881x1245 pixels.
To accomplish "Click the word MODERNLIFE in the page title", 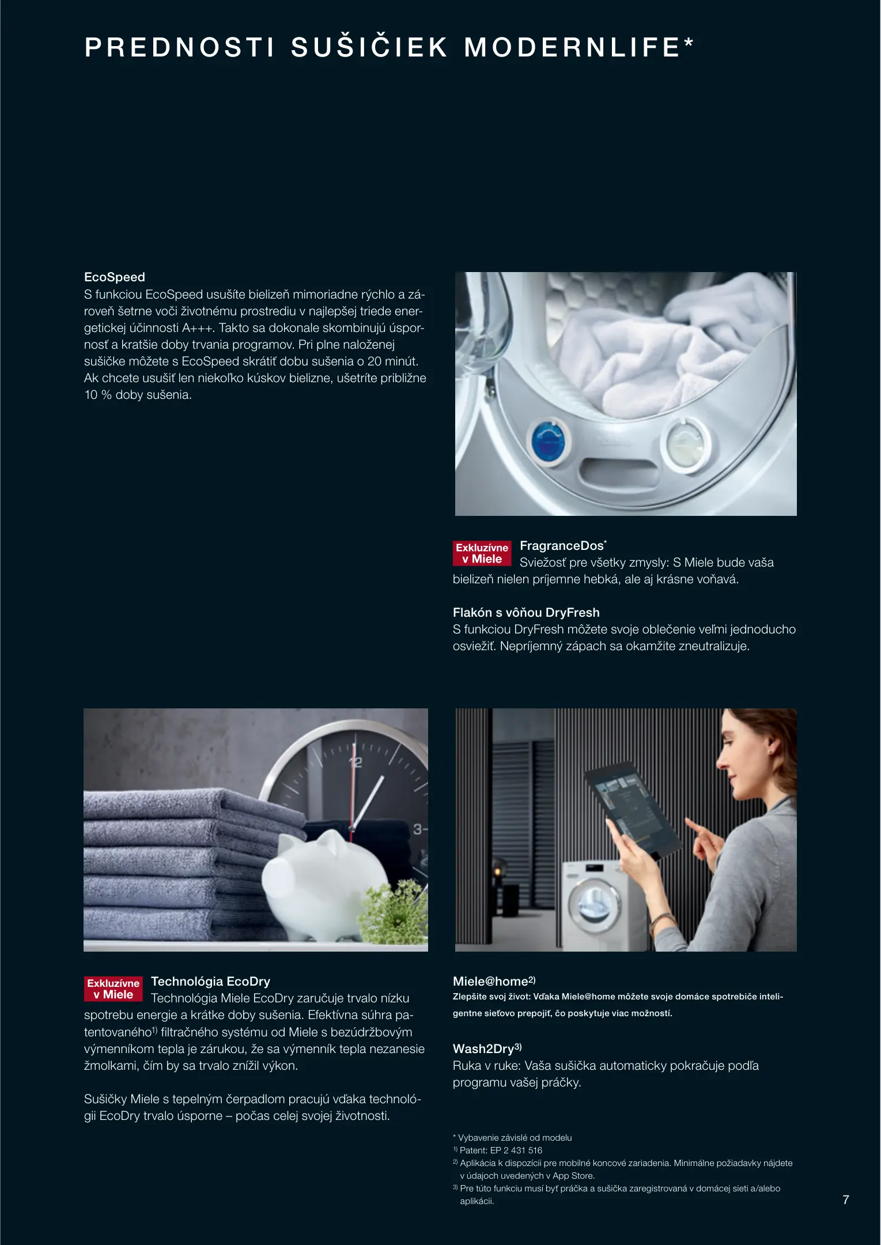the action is click(x=573, y=47).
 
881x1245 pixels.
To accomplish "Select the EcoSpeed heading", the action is click(x=115, y=277).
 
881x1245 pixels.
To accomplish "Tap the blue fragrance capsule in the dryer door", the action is click(x=549, y=441).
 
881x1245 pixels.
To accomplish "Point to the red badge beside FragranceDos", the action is click(x=482, y=553).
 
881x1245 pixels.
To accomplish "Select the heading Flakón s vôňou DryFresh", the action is click(x=526, y=612).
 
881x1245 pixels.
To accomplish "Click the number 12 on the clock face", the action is click(x=356, y=762).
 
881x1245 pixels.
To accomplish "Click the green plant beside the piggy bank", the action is click(x=395, y=911).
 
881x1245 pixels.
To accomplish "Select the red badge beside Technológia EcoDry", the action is click(x=114, y=989).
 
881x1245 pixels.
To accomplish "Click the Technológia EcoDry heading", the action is click(x=210, y=981).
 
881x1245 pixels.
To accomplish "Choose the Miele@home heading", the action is click(x=494, y=981).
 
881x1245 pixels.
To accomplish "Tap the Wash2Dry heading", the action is click(x=487, y=1048).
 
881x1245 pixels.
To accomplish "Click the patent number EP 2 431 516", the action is click(x=516, y=1150).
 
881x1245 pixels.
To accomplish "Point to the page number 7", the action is click(x=846, y=1199).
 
